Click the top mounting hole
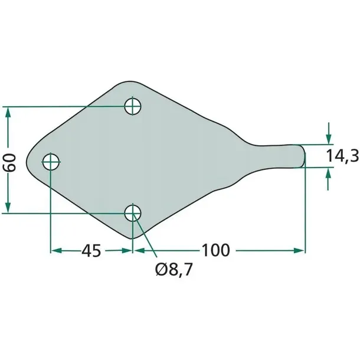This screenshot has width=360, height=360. coord(132,106)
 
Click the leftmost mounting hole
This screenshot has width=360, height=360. coord(51,162)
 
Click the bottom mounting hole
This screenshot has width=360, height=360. coord(132,213)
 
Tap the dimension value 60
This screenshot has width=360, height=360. coord(9,163)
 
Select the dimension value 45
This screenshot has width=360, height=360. coord(91,250)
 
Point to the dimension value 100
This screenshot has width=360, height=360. coord(215,250)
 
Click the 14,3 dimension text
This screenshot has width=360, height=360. coord(342,156)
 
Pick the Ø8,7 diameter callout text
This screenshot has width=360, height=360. coord(174,269)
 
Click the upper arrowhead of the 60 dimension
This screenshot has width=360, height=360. coord(8,113)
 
